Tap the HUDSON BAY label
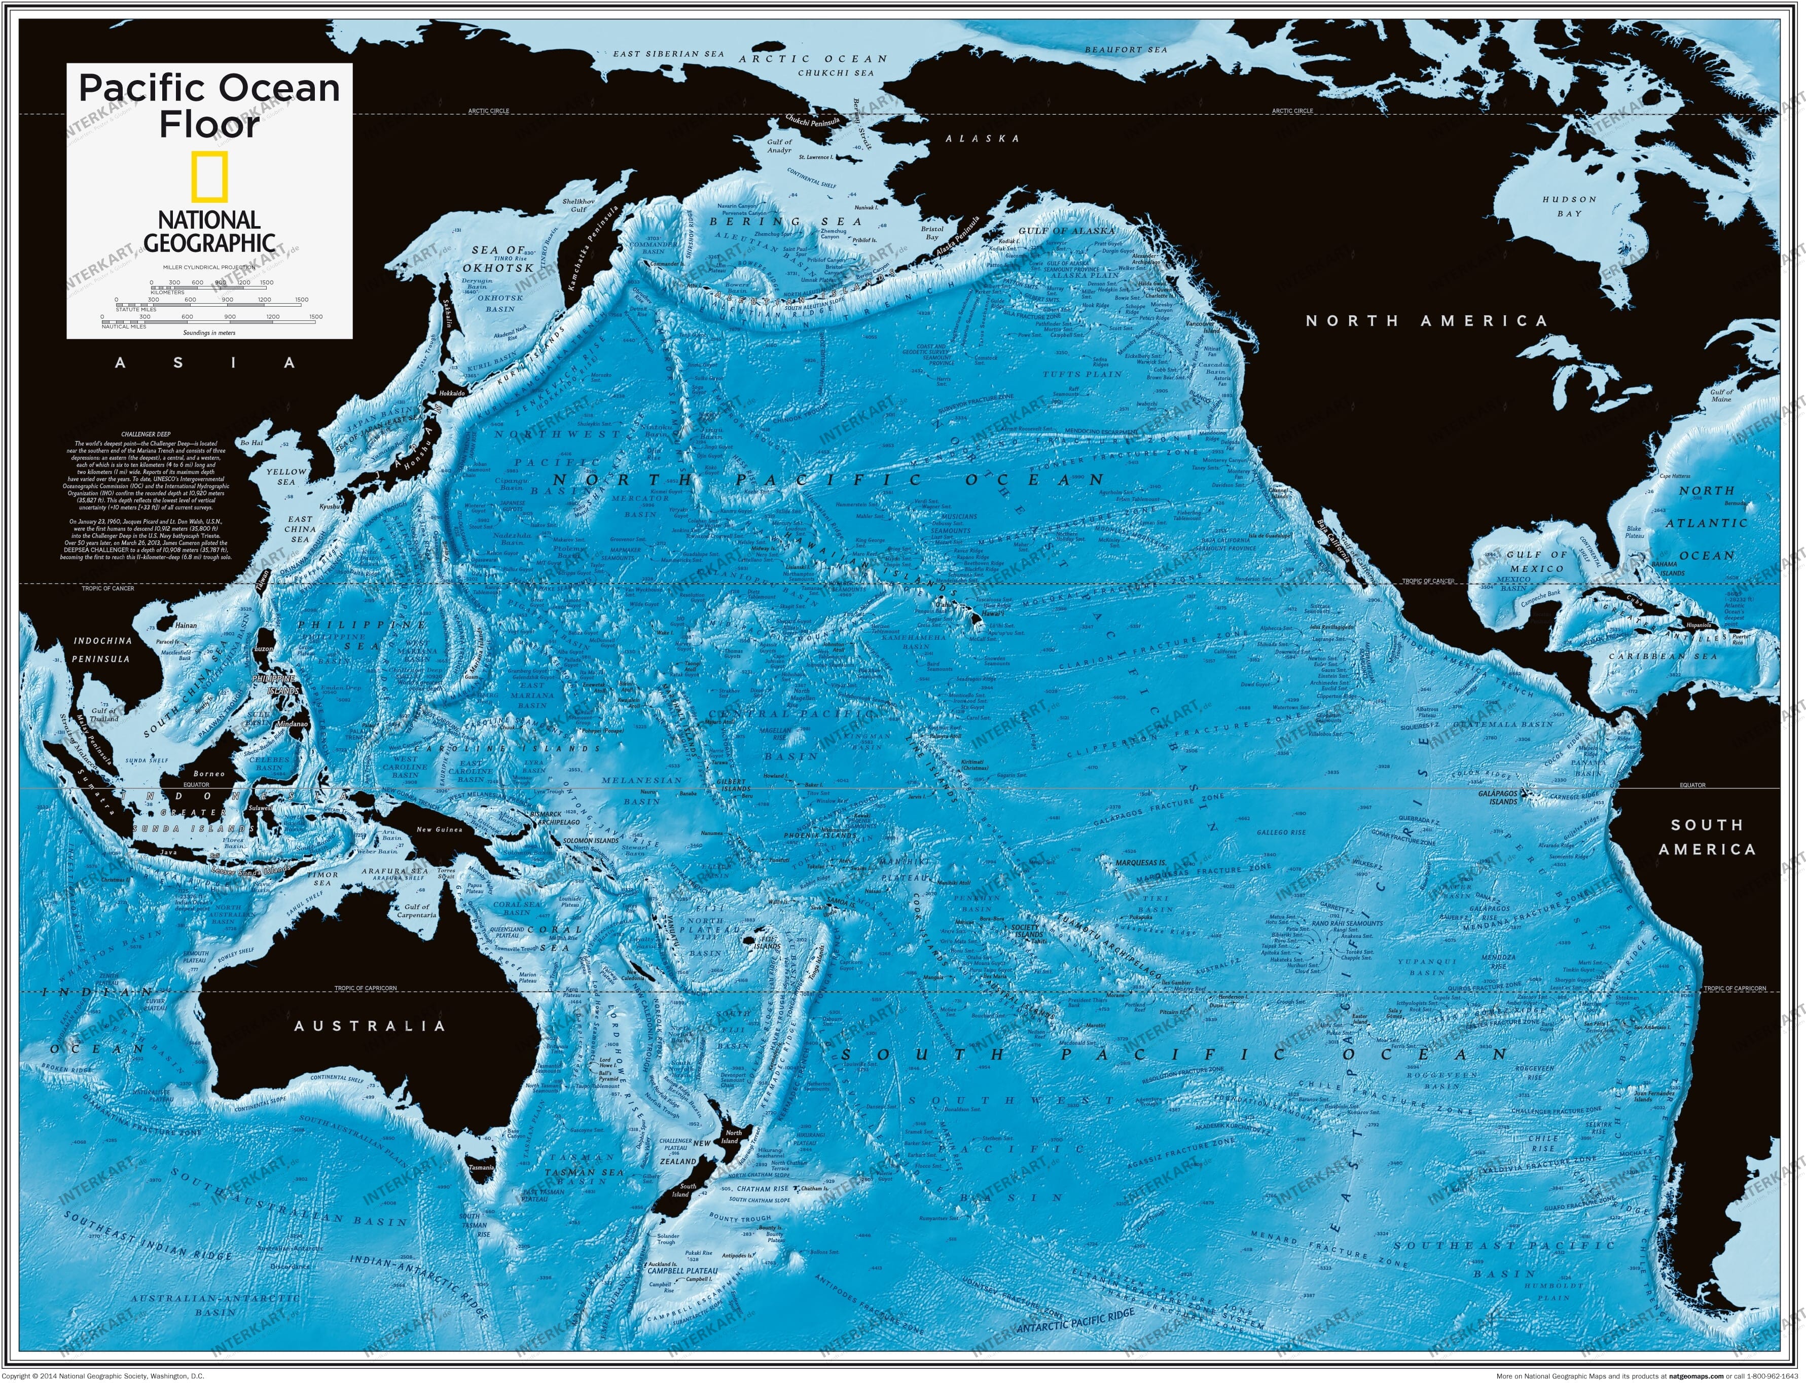[x=1569, y=206]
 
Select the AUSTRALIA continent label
[x=370, y=1026]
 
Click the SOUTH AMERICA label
[x=1707, y=836]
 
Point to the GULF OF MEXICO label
[x=1536, y=561]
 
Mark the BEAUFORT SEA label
[x=1125, y=49]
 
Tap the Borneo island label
[x=209, y=774]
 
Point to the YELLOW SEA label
[x=285, y=477]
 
